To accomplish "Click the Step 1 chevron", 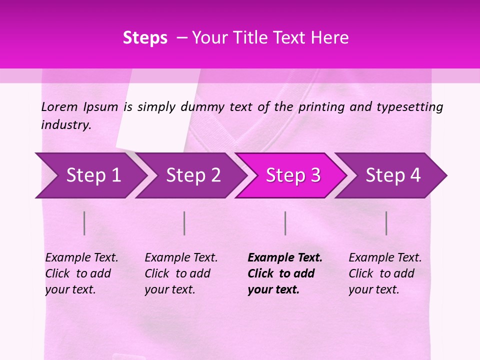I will (93, 175).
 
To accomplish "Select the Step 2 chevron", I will (193, 175).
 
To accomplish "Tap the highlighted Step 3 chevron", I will (293, 175).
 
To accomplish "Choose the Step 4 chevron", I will (393, 175).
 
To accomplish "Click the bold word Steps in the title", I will (145, 38).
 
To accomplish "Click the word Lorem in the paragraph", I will (59, 106).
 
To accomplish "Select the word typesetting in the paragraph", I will (409, 107).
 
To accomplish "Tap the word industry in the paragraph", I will (66, 124).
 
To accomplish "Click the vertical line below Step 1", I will (84, 223).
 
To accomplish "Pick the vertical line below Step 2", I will (184, 223).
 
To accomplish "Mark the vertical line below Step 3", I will (285, 223).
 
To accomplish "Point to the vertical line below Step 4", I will (386, 223).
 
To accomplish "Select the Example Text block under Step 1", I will (81, 273).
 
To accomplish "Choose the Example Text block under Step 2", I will (181, 273).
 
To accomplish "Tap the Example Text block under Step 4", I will (385, 273).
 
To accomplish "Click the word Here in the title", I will (330, 38).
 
